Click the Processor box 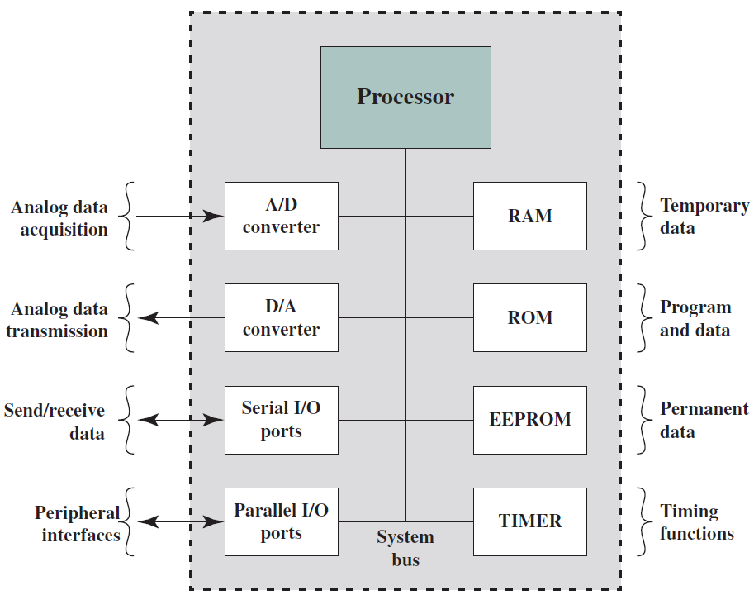point(405,98)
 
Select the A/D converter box point(282,216)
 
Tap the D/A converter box point(282,317)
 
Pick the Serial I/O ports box point(282,420)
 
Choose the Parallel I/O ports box point(282,522)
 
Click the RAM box point(530,216)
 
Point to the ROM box point(530,317)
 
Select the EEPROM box point(530,420)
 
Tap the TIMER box point(530,522)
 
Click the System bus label point(405,548)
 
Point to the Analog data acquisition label point(59,218)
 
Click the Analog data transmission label point(57,320)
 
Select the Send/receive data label point(55,421)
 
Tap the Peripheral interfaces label point(78,523)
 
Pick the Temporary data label point(704,216)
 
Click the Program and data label point(695,318)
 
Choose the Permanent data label point(704,420)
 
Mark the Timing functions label point(697,522)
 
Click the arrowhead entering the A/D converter point(213,216)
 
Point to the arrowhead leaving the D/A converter point(148,317)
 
